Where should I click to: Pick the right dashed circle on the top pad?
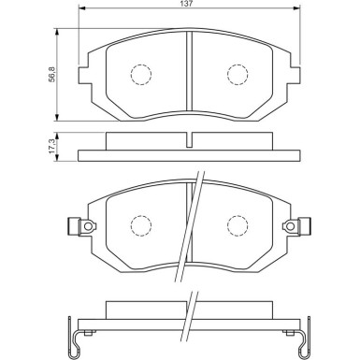238,74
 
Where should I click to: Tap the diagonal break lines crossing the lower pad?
193,224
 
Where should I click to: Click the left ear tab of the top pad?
86,68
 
